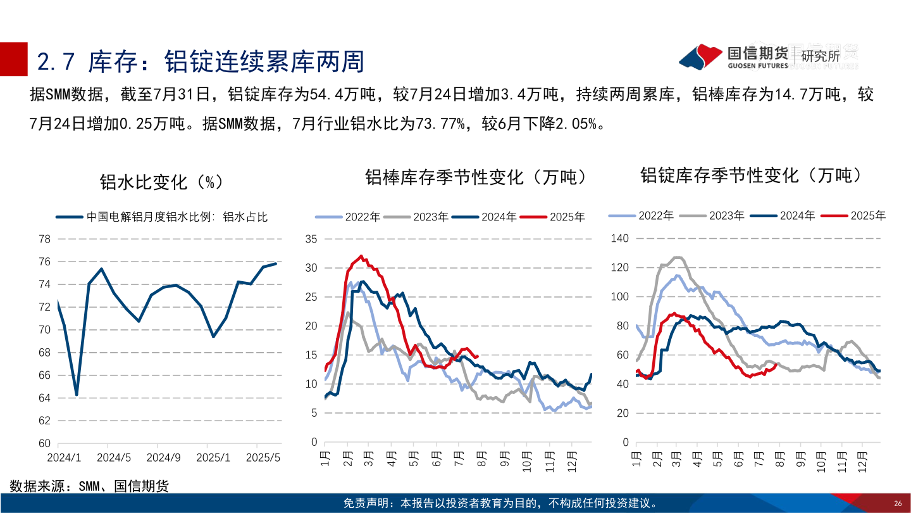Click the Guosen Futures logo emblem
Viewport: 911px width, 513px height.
click(701, 57)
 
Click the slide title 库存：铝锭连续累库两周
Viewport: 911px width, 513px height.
click(201, 61)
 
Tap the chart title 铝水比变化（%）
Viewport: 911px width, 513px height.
click(161, 182)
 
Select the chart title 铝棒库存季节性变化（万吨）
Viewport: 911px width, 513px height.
click(476, 177)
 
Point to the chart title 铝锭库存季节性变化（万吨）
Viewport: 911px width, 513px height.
click(751, 175)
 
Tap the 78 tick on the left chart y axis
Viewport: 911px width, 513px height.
click(44, 239)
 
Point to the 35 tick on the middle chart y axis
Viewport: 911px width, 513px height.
click(311, 239)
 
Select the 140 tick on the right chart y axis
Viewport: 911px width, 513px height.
click(620, 238)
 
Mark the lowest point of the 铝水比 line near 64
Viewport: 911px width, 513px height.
click(77, 395)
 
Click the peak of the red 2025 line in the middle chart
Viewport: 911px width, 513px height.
click(361, 256)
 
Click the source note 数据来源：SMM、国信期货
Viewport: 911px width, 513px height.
click(89, 486)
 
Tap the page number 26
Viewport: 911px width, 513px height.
click(897, 503)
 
